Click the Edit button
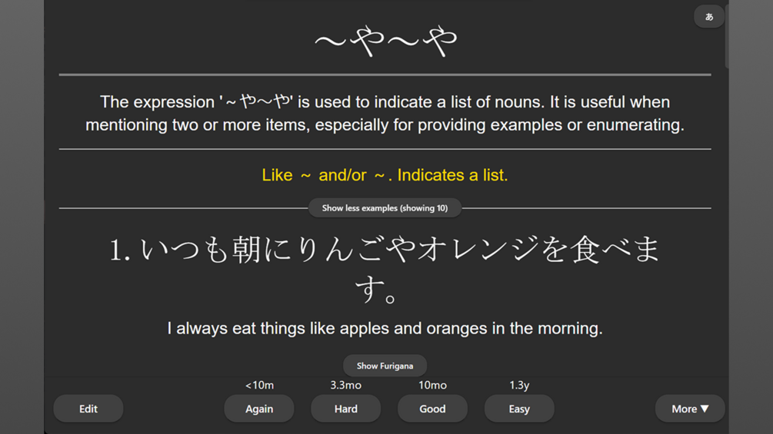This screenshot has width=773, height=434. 88,409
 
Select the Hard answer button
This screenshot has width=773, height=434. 345,409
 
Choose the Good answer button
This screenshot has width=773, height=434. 432,409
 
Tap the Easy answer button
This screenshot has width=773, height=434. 519,409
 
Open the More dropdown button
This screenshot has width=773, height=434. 690,409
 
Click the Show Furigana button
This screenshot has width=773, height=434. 385,366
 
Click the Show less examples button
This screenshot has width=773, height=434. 385,208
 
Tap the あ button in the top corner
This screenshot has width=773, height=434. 709,17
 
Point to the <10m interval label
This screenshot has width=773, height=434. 259,386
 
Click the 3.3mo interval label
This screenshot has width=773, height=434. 345,386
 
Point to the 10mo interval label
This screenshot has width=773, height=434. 432,386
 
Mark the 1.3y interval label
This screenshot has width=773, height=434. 519,386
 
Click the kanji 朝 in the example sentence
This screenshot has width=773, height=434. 246,250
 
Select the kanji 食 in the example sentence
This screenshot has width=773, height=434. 585,250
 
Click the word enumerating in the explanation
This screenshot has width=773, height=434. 635,125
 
